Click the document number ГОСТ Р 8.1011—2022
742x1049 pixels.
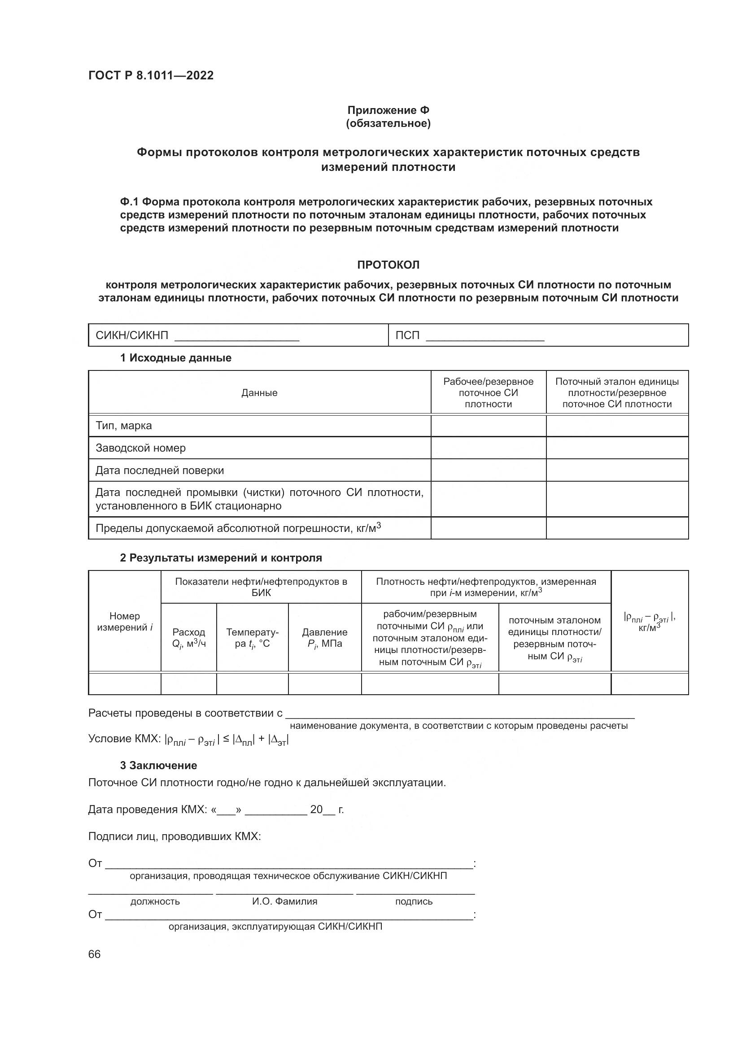(x=151, y=75)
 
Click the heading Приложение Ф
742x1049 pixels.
(x=388, y=110)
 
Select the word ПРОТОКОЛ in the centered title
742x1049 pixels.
(x=388, y=265)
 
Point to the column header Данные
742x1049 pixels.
(x=259, y=393)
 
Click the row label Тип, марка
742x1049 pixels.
(x=123, y=426)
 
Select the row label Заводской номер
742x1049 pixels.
(x=140, y=448)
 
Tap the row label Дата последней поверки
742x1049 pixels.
(x=159, y=470)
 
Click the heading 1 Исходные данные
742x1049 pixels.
(x=175, y=358)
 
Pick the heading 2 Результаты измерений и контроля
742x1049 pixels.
(x=221, y=558)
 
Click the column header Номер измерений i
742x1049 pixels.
(x=124, y=622)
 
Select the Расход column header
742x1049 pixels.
(x=189, y=638)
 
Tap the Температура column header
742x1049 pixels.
(x=252, y=638)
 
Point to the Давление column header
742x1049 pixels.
(x=324, y=638)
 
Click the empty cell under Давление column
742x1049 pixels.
(x=324, y=684)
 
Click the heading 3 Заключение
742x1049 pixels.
(x=158, y=765)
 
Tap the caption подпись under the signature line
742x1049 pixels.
(x=414, y=901)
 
